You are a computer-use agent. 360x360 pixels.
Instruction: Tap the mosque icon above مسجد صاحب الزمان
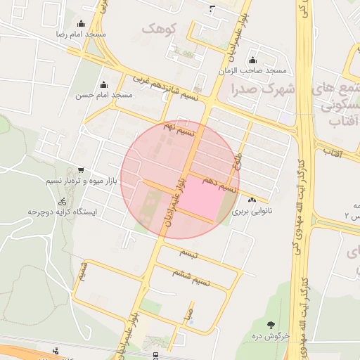253,60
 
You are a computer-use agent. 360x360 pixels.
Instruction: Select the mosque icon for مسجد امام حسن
104,84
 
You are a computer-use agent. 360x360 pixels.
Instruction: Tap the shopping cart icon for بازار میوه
82,170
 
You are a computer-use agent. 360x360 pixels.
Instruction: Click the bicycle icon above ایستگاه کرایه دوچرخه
63,200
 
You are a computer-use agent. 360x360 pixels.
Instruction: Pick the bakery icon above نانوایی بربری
252,200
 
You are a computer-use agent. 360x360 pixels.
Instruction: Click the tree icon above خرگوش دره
271,325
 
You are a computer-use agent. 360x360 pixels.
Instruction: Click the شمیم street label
84,271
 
